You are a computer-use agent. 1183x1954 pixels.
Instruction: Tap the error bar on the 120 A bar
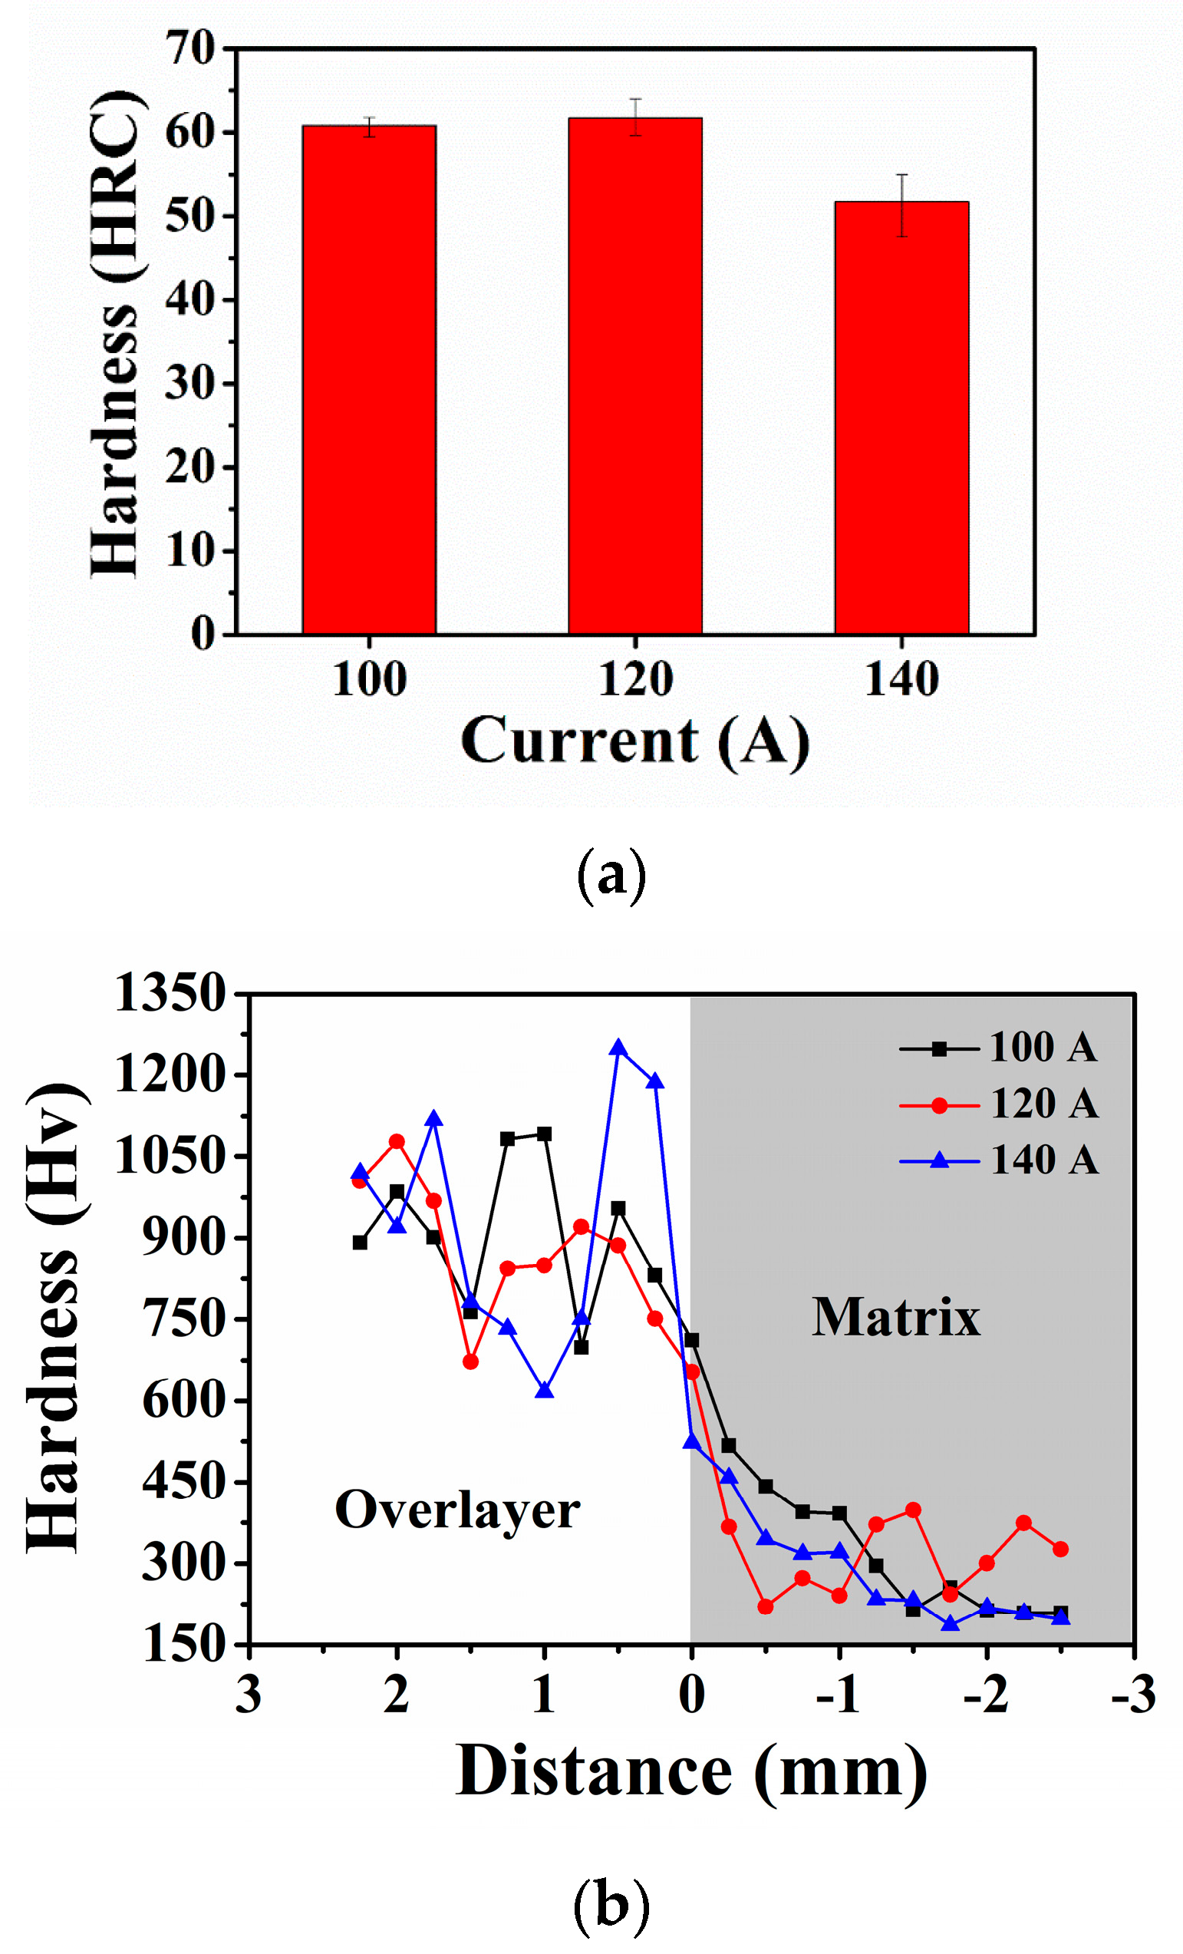pyautogui.click(x=635, y=117)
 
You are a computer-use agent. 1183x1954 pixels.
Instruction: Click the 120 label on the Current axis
pyautogui.click(x=635, y=681)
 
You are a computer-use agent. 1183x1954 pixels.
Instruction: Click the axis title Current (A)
pyautogui.click(x=635, y=741)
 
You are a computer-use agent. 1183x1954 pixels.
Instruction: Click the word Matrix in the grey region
pyautogui.click(x=896, y=1318)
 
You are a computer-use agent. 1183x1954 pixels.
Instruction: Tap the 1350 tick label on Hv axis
pyautogui.click(x=170, y=993)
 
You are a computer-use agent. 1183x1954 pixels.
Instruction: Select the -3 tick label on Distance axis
pyautogui.click(x=1133, y=1695)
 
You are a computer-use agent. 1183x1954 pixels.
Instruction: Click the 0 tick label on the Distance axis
pyautogui.click(x=691, y=1695)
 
